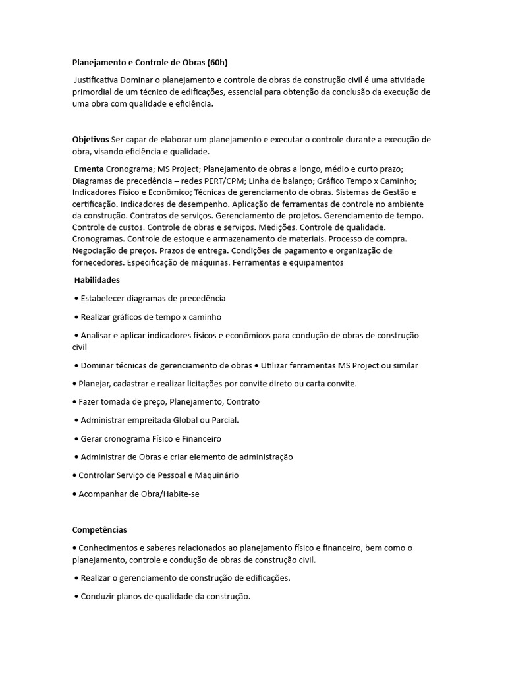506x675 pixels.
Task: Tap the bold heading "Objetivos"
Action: coord(90,140)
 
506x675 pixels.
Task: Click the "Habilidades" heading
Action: coord(97,280)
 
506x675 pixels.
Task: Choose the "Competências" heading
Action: coord(99,529)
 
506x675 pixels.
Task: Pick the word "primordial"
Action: coord(93,92)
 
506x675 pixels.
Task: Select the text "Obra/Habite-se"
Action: coord(167,494)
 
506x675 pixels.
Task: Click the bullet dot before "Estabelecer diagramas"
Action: coord(77,299)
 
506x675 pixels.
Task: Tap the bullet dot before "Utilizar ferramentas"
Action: coord(257,365)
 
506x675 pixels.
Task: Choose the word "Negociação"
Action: coord(99,251)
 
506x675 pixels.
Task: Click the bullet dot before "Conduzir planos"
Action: coord(77,597)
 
